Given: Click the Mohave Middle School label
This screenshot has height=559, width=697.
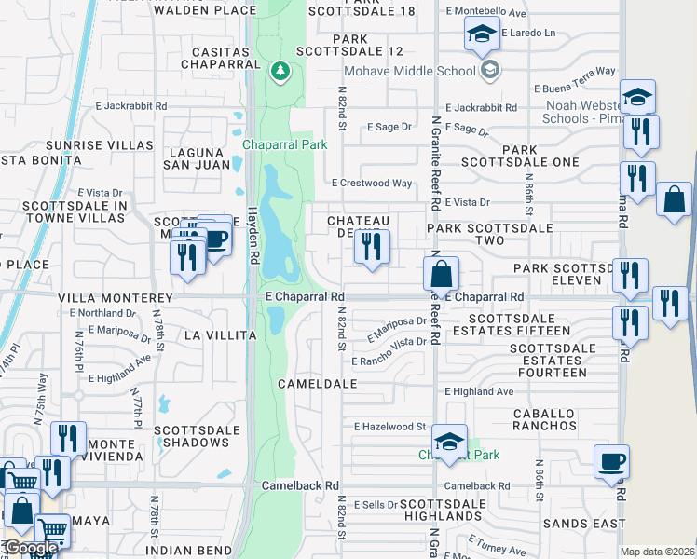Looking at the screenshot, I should (x=411, y=71).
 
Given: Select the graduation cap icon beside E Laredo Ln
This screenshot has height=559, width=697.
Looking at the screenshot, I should (x=481, y=36).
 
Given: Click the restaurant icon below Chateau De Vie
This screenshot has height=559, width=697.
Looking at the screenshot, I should (x=372, y=247).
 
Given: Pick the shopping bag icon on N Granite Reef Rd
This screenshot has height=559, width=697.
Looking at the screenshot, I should (x=442, y=274).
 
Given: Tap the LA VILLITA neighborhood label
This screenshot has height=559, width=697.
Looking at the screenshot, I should (x=220, y=334).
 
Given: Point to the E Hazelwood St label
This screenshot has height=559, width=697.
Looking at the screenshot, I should (x=389, y=427).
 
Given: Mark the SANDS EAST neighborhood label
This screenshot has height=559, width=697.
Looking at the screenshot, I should (x=584, y=525).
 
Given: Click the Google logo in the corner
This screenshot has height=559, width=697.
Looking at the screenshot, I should (x=31, y=549).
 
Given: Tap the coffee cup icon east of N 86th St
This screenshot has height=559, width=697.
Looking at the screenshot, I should (x=611, y=461).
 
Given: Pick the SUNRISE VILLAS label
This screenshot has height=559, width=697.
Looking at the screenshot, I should (x=113, y=145).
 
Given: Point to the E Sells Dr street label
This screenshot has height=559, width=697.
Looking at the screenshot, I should (x=375, y=504).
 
